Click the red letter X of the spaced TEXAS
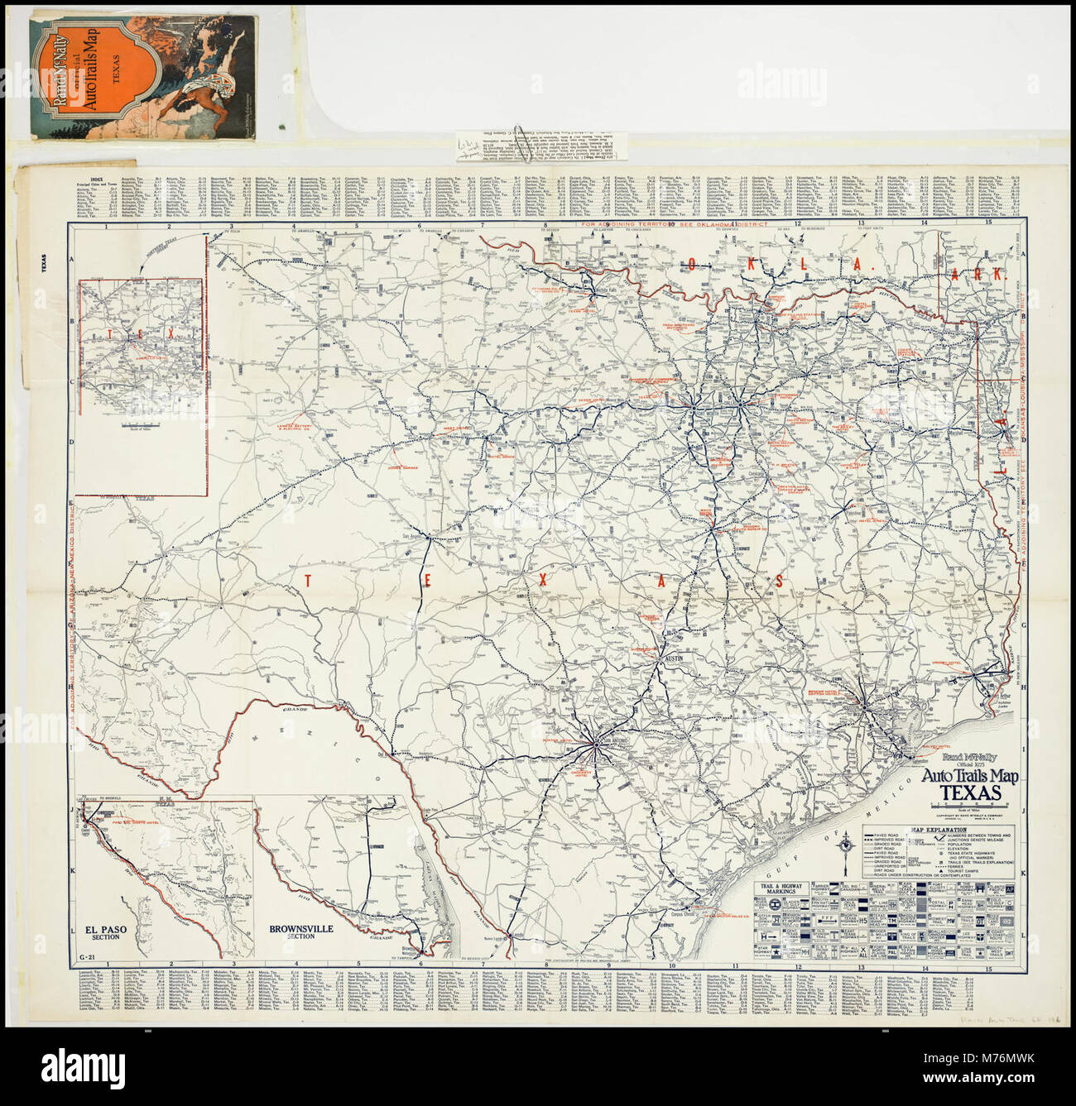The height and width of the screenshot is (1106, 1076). coord(542,582)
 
